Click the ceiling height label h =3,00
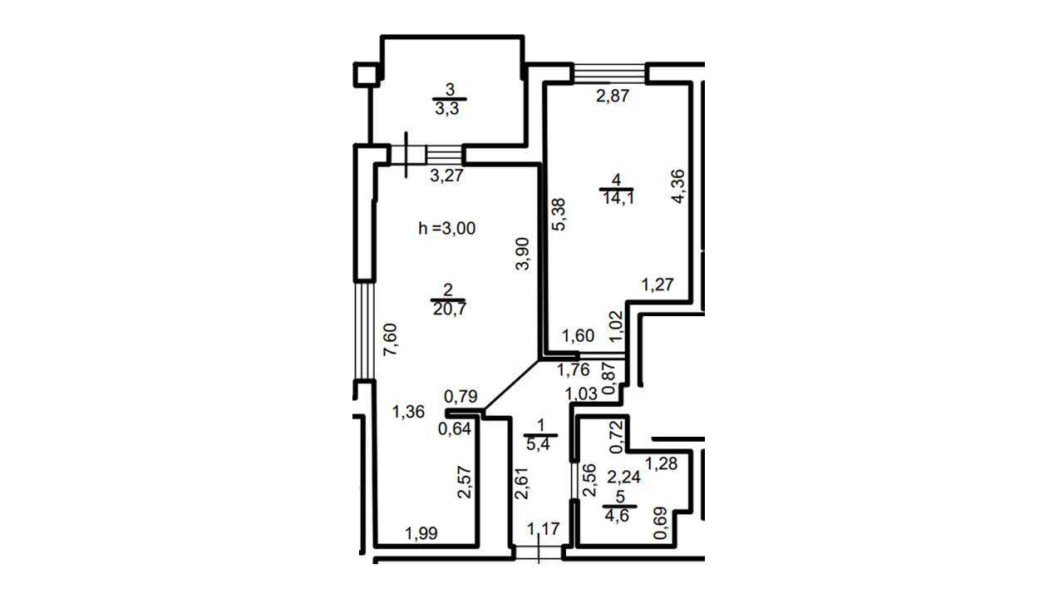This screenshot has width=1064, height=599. [x=446, y=228]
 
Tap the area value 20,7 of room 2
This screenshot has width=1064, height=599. [x=450, y=309]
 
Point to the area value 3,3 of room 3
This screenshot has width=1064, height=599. [x=447, y=109]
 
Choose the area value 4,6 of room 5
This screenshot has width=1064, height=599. [x=617, y=516]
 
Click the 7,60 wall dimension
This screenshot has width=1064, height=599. [x=391, y=339]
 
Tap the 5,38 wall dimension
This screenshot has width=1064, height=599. [x=559, y=215]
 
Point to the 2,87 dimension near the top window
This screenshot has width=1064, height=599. [x=613, y=96]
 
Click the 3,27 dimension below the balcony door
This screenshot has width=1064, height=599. [x=446, y=176]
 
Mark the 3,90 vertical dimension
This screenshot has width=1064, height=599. [x=523, y=254]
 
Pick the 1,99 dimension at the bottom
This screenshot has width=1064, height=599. [x=421, y=533]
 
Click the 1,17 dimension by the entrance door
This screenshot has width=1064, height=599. [x=544, y=528]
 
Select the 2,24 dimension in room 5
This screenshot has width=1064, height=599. [x=623, y=477]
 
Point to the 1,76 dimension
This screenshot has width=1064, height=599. [x=573, y=369]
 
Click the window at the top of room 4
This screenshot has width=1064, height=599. [x=609, y=72]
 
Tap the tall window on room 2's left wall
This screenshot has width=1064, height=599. [x=364, y=331]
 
